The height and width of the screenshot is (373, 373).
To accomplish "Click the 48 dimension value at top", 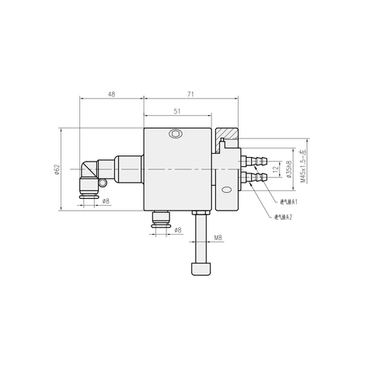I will click(111, 94).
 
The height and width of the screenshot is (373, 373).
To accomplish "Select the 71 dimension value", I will click(190, 94).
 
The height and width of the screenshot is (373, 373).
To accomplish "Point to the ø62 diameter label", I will click(57, 169).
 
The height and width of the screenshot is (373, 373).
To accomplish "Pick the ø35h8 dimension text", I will click(288, 169).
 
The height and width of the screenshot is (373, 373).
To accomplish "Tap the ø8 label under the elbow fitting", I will click(105, 201).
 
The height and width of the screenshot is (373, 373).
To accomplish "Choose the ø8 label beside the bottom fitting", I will click(177, 231).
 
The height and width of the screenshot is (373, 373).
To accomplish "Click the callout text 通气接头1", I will click(288, 202).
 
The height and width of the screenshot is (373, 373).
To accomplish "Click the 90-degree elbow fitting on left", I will click(89, 174).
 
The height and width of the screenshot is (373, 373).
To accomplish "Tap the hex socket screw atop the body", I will click(177, 134).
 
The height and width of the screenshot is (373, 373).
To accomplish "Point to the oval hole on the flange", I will click(226, 190).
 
